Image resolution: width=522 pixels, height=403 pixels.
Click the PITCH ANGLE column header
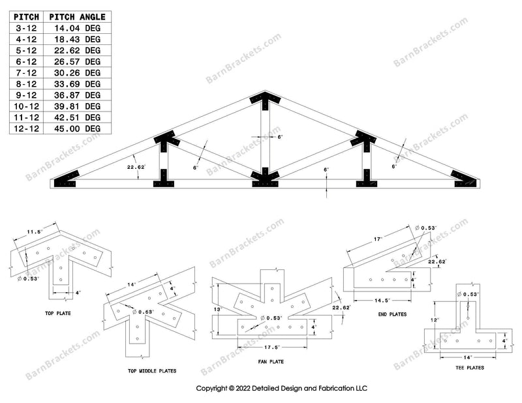coord(77,17)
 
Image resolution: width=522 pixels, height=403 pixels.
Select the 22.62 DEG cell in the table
coord(77,51)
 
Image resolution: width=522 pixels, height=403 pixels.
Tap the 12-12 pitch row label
coord(26,128)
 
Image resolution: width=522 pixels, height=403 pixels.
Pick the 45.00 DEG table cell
coord(77,128)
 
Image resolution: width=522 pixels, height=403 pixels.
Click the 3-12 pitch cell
coord(26,28)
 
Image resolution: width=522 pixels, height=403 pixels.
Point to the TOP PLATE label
coord(58,313)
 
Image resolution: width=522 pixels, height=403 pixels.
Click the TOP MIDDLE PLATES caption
coord(152,370)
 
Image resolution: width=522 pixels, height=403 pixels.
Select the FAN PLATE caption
coord(271,361)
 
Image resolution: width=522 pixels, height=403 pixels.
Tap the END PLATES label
coord(393,314)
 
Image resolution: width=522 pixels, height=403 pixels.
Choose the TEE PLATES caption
coord(470,367)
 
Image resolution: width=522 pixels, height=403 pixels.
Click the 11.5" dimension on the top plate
coord(35,232)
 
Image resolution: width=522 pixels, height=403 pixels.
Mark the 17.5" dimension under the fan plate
coord(272,348)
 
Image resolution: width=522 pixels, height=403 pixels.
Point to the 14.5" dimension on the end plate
coord(382,301)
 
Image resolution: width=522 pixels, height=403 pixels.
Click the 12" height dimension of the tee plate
coord(435,320)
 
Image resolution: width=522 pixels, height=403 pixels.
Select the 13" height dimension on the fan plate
coord(218,310)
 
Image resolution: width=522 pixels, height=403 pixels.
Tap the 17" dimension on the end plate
coord(378,239)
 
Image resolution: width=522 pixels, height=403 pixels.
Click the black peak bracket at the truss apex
coord(265,100)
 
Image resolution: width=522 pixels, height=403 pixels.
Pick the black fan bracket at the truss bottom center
coord(265,179)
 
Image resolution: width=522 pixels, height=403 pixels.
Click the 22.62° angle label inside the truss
coord(136,167)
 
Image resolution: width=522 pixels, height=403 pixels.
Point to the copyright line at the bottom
coord(282,389)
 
